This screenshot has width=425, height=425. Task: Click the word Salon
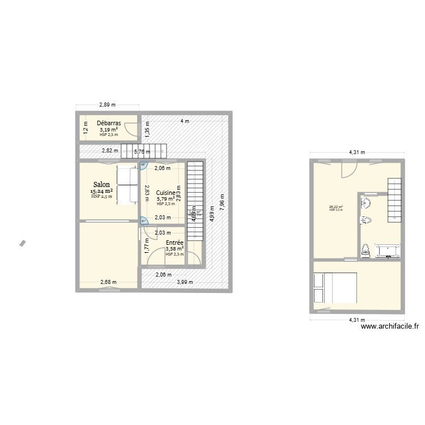pyautogui.click(x=102, y=185)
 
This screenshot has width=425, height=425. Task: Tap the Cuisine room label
pyautogui.click(x=166, y=193)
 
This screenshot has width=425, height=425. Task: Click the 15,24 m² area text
pyautogui.click(x=101, y=192)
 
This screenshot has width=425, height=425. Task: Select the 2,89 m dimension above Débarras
pyautogui.click(x=107, y=105)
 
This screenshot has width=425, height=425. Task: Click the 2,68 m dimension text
pyautogui.click(x=108, y=282)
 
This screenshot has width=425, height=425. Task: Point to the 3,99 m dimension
pyautogui.click(x=185, y=282)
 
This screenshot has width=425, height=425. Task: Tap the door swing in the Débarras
pyautogui.click(x=131, y=130)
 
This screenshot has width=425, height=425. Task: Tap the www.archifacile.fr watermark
pyautogui.click(x=389, y=326)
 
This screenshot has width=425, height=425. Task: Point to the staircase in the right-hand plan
pyautogui.click(x=395, y=199)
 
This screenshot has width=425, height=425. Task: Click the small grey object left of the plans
pyautogui.click(x=23, y=243)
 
